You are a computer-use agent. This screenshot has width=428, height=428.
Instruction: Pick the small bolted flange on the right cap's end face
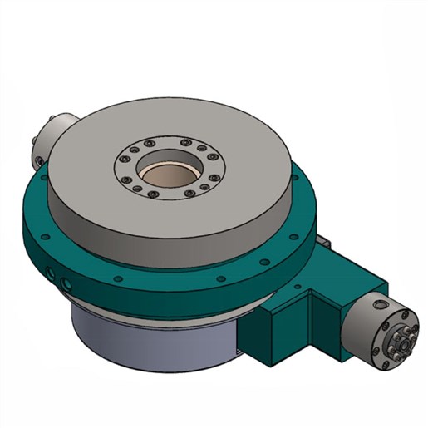[x=400, y=337]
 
